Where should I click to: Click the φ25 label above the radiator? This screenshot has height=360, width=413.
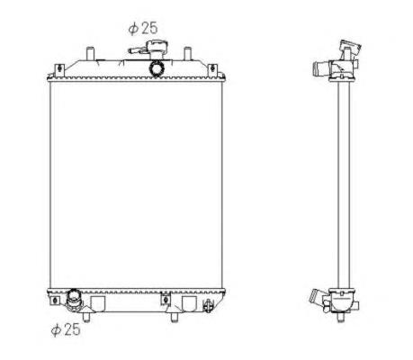143,28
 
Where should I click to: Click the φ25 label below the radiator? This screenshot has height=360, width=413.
66,329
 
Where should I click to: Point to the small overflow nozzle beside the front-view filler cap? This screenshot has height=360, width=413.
138,51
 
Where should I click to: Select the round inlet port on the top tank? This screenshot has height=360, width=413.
157,68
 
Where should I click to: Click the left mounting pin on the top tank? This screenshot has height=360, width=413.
90,54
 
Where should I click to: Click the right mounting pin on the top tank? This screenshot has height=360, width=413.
188,54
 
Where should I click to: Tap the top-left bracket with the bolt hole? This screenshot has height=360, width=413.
60,70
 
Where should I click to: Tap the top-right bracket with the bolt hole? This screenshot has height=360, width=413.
212,70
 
